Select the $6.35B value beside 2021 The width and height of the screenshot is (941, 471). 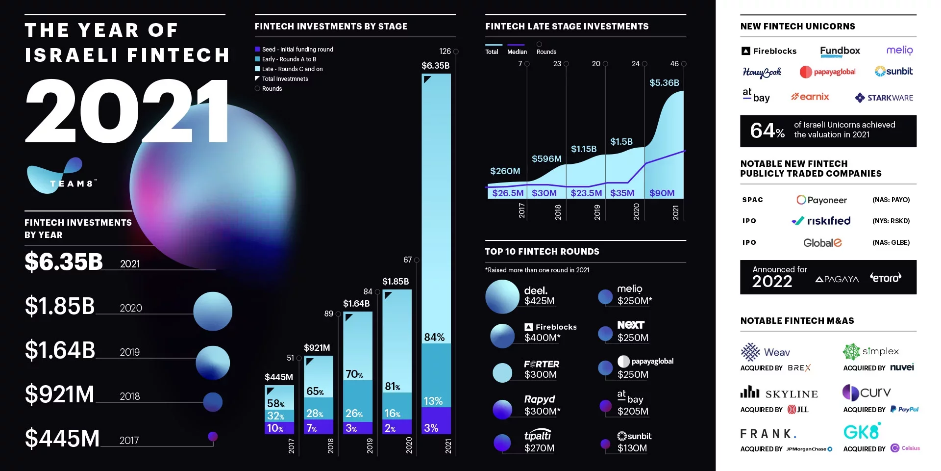tap(64, 262)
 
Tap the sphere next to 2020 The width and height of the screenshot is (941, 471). tap(213, 311)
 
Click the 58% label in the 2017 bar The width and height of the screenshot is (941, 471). tap(275, 403)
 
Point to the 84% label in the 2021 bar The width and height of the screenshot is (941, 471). tap(434, 337)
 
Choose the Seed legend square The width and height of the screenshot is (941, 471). tap(257, 49)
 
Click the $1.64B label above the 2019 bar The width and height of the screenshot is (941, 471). tap(356, 304)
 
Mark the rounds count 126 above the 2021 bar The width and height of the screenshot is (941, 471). tap(445, 51)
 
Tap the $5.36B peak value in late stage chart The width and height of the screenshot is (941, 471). tap(664, 82)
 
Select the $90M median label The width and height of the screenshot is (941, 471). tap(662, 193)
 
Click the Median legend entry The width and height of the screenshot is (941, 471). tap(517, 52)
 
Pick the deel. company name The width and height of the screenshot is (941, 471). tap(536, 290)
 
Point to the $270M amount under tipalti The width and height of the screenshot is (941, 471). tap(539, 448)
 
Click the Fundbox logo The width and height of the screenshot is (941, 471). tap(840, 51)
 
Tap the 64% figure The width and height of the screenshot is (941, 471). tap(767, 131)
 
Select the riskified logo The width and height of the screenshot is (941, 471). tap(821, 221)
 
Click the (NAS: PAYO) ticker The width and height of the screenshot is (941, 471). tap(891, 200)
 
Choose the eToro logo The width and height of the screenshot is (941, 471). tap(886, 278)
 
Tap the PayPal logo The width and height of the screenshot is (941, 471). tap(905, 409)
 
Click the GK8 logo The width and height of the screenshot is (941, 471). tap(862, 431)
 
